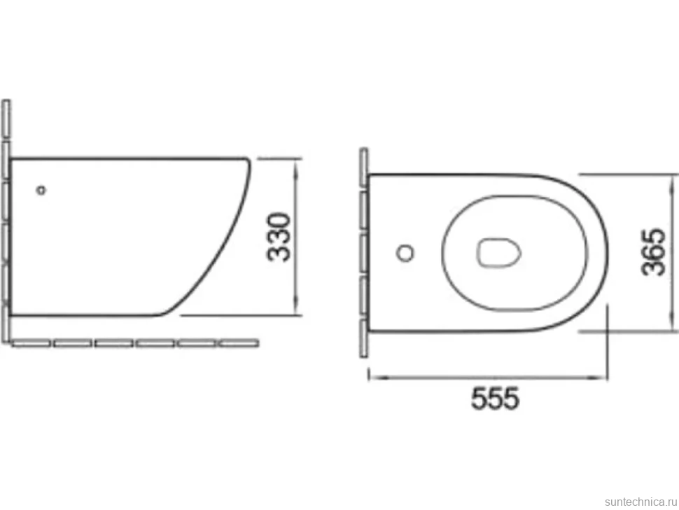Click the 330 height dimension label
pyautogui.click(x=279, y=237)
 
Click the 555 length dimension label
pyautogui.click(x=495, y=398)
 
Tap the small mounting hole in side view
pyautogui.click(x=41, y=190)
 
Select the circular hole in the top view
pyautogui.click(x=405, y=253)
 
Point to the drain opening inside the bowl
pyautogui.click(x=498, y=253)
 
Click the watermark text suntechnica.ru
pyautogui.click(x=641, y=502)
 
